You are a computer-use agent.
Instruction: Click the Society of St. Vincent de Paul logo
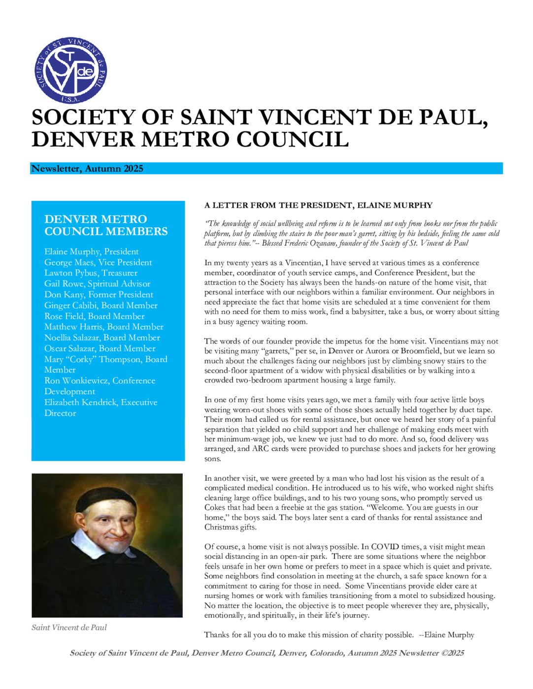[x=70, y=70]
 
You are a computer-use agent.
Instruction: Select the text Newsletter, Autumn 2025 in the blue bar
[x=87, y=169]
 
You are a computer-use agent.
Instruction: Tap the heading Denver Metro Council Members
[x=106, y=225]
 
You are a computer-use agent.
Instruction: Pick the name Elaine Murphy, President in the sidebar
[x=92, y=251]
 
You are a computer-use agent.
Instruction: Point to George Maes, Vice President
[x=98, y=262]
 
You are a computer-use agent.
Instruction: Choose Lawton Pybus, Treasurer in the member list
[x=91, y=273]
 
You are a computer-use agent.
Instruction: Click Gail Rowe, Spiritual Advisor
[x=97, y=284]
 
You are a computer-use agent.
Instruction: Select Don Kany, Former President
[x=99, y=295]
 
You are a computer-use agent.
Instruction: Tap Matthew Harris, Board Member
[x=103, y=327]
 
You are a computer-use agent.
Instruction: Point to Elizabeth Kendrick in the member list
[x=81, y=403]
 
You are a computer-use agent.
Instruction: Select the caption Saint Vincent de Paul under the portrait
[x=69, y=627]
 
